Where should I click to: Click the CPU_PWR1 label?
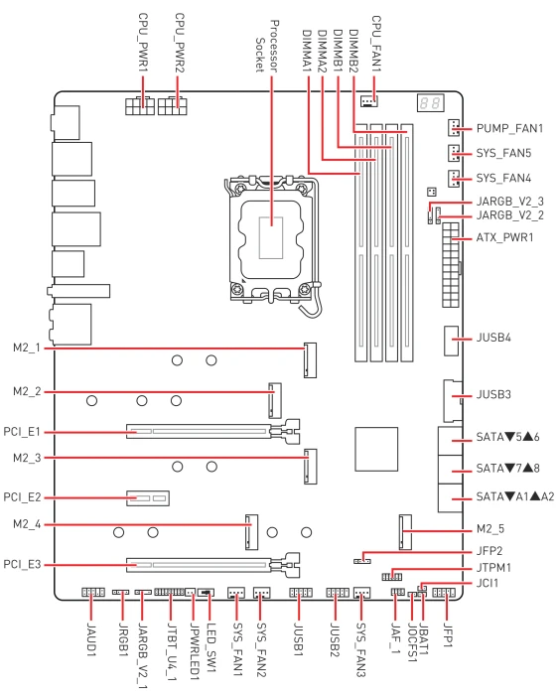pyautogui.click(x=143, y=42)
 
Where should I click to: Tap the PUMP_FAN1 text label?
pyautogui.click(x=509, y=128)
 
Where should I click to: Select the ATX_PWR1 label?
pyautogui.click(x=504, y=237)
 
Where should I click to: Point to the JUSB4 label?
pyautogui.click(x=493, y=338)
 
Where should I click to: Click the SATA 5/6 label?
pyautogui.click(x=507, y=437)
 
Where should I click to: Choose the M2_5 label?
pyautogui.click(x=490, y=529)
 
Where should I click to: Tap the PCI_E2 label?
pyautogui.click(x=22, y=497)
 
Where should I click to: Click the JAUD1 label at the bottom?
pyautogui.click(x=91, y=639)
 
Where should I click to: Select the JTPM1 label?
pyautogui.click(x=493, y=567)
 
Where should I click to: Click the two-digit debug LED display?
pyautogui.click(x=430, y=103)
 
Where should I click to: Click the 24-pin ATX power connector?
pyautogui.click(x=451, y=265)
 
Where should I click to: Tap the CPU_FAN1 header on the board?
pyautogui.click(x=368, y=102)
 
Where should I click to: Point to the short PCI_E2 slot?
pyautogui.click(x=148, y=498)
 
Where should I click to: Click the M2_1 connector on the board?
pyautogui.click(x=310, y=359)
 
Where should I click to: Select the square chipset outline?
pyautogui.click(x=376, y=449)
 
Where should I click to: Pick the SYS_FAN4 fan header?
pyautogui.click(x=454, y=178)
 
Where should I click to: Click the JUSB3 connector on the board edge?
pyautogui.click(x=453, y=401)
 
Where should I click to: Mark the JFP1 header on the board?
pyautogui.click(x=444, y=593)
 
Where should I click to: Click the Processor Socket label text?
pyautogui.click(x=267, y=46)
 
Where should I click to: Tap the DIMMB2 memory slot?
pyautogui.click(x=407, y=242)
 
